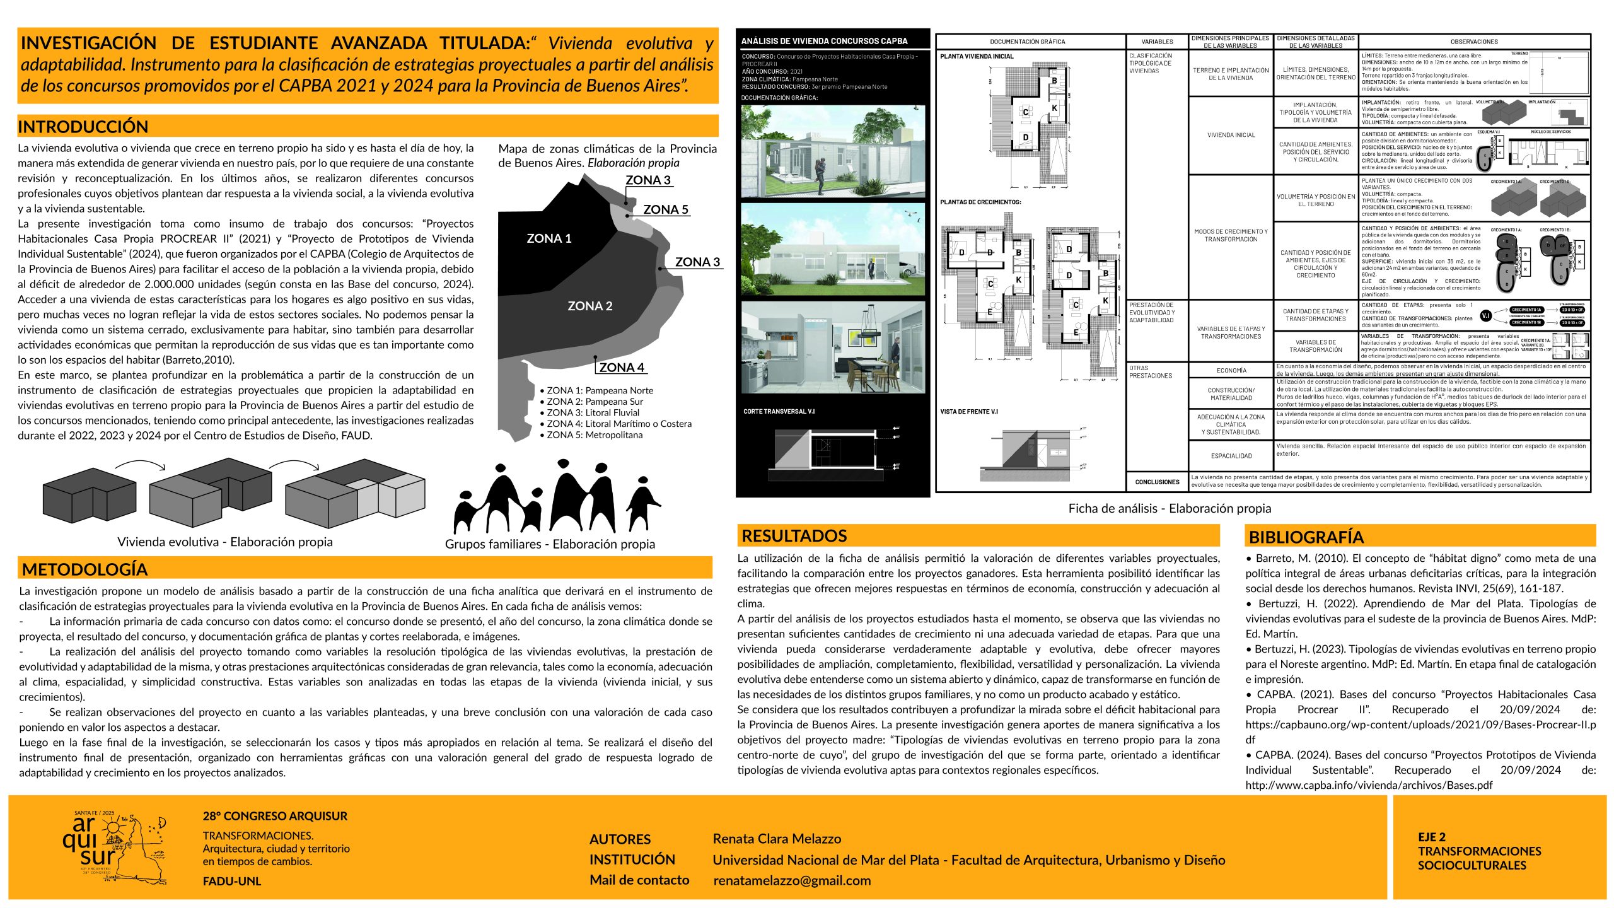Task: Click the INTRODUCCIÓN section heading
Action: pos(83,127)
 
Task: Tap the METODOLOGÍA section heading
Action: pos(84,569)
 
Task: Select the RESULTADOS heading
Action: pos(794,536)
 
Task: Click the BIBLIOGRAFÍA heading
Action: pos(1306,537)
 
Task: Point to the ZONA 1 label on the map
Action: pos(549,238)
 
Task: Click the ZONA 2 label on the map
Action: pos(589,306)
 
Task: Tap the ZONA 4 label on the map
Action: pos(621,368)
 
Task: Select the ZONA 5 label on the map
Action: pos(665,209)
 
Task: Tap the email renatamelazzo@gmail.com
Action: pos(792,881)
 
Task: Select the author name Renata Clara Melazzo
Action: pos(777,839)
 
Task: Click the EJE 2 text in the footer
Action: pos(1432,837)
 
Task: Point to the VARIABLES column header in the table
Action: pos(1157,42)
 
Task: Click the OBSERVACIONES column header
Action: pos(1474,42)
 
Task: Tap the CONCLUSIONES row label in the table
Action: pos(1157,482)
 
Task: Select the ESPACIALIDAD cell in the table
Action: pos(1231,456)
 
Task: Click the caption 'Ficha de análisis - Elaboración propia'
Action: pos(1170,508)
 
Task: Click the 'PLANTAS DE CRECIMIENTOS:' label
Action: pos(980,202)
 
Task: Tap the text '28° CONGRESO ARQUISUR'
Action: pos(275,816)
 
